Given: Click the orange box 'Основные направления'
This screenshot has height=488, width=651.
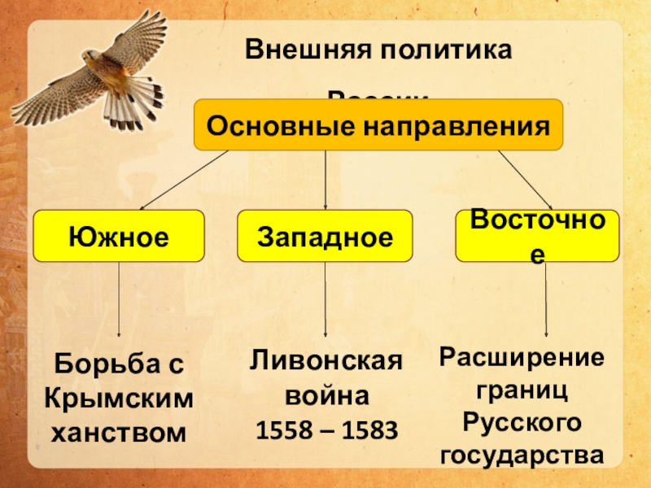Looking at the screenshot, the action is [378, 125].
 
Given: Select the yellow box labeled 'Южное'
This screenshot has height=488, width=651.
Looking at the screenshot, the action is [119, 236].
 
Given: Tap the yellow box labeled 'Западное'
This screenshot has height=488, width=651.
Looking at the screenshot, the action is [325, 236].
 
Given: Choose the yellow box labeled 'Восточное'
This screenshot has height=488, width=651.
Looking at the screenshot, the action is [537, 235].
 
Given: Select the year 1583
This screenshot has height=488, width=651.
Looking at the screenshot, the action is [365, 430].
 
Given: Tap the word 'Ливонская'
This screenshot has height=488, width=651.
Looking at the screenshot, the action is [325, 360].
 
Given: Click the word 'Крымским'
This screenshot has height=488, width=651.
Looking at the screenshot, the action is [120, 399].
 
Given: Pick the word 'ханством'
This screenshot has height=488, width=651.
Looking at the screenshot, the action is [120, 432].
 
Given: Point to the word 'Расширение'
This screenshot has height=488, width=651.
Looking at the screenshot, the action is [522, 357].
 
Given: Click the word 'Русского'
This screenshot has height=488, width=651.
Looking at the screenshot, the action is [522, 423].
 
